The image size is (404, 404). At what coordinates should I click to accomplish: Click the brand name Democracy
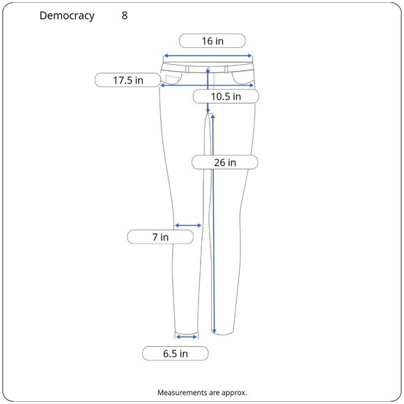click(x=67, y=16)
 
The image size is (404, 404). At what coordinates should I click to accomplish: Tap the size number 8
click(x=125, y=15)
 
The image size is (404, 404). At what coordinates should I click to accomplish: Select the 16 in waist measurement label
click(x=212, y=41)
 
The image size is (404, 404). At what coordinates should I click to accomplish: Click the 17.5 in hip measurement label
click(x=127, y=80)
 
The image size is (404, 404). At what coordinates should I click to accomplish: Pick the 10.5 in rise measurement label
click(x=226, y=97)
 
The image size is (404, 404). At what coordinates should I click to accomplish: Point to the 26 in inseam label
click(x=225, y=162)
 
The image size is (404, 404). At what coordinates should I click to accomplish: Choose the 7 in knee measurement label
click(x=160, y=237)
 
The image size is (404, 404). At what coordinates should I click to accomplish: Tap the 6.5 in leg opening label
click(x=176, y=354)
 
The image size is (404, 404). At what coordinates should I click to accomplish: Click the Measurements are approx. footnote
click(x=202, y=392)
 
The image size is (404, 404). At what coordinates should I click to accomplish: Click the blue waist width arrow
click(x=208, y=56)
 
